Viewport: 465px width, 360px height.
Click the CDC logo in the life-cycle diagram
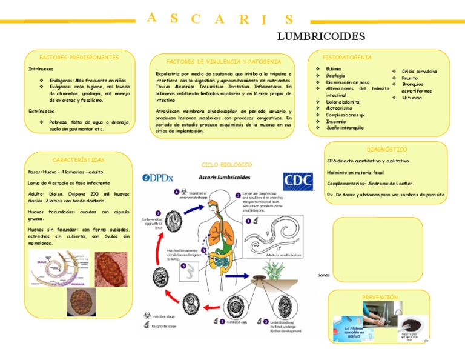point(299,181)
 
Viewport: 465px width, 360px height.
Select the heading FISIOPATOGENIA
point(347,57)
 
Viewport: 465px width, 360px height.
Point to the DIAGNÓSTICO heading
point(387,149)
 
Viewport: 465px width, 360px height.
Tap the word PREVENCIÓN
point(380,297)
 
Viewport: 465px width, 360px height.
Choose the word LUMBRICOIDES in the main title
point(321,37)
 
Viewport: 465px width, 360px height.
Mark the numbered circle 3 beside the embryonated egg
point(158,213)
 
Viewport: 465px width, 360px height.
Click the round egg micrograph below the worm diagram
point(81,301)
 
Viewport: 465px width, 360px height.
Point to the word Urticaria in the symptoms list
point(412,98)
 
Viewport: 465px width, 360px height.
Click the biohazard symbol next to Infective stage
point(145,316)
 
